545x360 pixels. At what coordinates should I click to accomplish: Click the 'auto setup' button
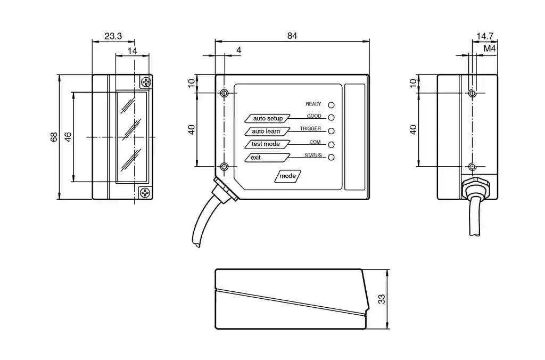pos(268,118)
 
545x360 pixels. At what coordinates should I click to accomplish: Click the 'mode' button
pos(288,176)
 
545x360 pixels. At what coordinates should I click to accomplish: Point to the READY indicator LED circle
pos(331,105)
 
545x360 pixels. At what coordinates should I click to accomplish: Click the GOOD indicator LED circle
pos(331,118)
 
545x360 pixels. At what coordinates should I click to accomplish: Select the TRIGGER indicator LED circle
pos(331,131)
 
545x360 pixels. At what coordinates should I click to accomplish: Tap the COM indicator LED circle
pos(331,144)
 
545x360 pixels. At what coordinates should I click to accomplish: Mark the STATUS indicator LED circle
pos(331,157)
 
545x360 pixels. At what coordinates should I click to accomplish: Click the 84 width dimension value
pos(292,36)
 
